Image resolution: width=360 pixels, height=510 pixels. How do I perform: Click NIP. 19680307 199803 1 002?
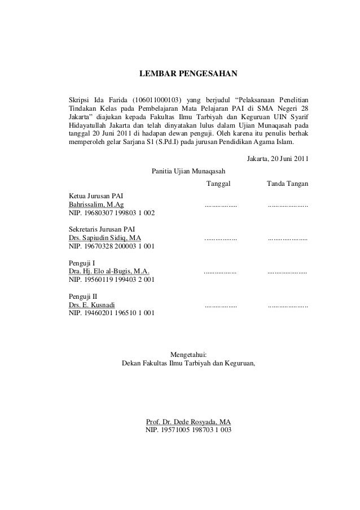111,213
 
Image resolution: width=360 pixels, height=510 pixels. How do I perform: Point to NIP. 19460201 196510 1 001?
111,315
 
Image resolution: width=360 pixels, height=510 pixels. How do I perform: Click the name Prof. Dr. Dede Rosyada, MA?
188,422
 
